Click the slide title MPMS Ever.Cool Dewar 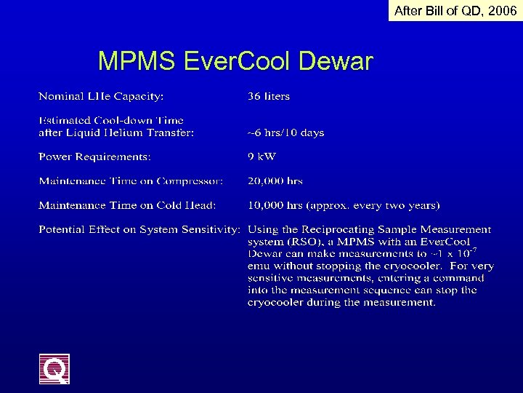click(x=235, y=61)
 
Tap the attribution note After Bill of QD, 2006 click(x=455, y=10)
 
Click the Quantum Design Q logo click(x=54, y=369)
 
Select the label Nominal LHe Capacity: click(x=101, y=96)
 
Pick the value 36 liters click(x=269, y=96)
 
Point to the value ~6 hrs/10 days click(x=285, y=132)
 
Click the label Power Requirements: click(x=94, y=156)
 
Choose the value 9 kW click(x=262, y=156)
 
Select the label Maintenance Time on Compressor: click(x=131, y=180)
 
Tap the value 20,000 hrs click(x=275, y=180)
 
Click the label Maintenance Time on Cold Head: click(x=127, y=205)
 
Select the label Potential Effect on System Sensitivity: click(x=139, y=229)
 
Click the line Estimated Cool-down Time click(x=111, y=120)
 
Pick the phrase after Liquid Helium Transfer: click(x=116, y=132)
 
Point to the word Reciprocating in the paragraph click(x=344, y=229)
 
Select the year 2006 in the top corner click(x=502, y=10)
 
